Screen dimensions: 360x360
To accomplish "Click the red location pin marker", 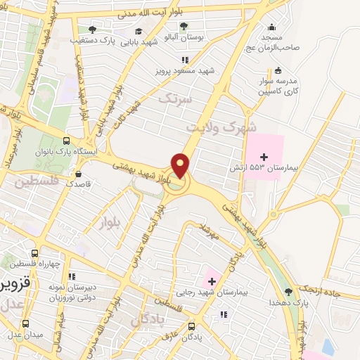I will pos(181,165).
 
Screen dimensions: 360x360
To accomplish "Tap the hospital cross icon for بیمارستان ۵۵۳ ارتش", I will pos(264,157).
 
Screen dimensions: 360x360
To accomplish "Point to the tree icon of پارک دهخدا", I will pos(288,292).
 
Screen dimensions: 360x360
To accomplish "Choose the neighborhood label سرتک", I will pos(174,99).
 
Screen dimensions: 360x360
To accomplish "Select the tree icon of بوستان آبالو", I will pos(184,27).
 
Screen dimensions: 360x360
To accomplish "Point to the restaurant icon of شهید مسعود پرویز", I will pos(185,60).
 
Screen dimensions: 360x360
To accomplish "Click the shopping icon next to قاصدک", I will pos(77,173).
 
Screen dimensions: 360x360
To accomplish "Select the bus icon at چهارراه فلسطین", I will pos(34,253).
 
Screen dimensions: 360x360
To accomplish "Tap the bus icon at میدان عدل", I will pos(26,324).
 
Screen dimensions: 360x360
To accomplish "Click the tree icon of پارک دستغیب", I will pos(92,30).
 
